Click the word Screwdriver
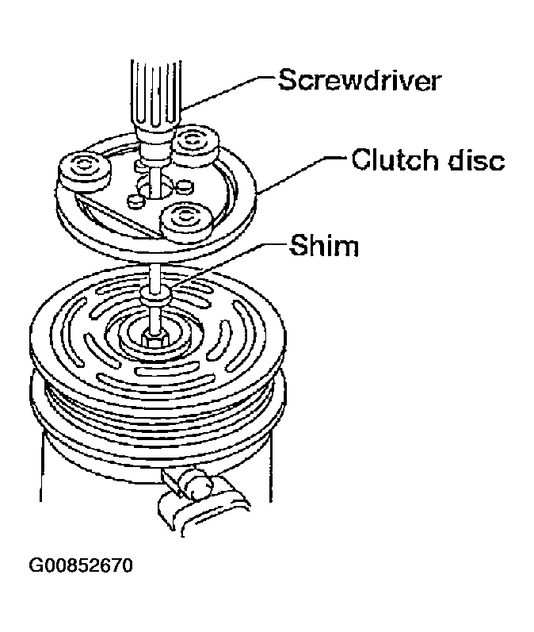pyautogui.click(x=360, y=81)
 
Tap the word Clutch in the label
pyautogui.click(x=395, y=159)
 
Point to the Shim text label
pyautogui.click(x=324, y=245)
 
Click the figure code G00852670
pyautogui.click(x=81, y=565)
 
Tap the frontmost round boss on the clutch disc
pyautogui.click(x=185, y=222)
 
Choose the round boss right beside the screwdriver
pyautogui.click(x=196, y=147)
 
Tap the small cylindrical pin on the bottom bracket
pyautogui.click(x=197, y=485)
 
